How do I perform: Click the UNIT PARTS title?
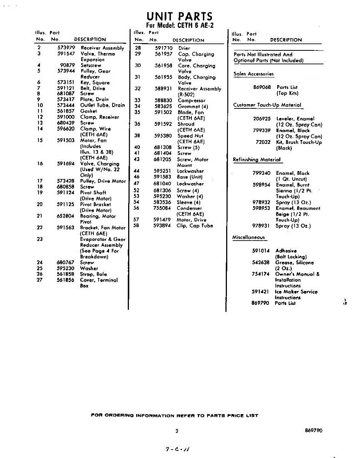pyautogui.click(x=180, y=16)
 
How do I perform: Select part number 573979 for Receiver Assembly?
pyautogui.click(x=66, y=48)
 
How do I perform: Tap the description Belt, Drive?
pyautogui.click(x=93, y=88)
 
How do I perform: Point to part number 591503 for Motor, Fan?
pyautogui.click(x=66, y=140)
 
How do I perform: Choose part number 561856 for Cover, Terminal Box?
pyautogui.click(x=66, y=280)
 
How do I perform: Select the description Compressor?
pyautogui.click(x=191, y=101)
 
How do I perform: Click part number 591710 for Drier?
pyautogui.click(x=164, y=48)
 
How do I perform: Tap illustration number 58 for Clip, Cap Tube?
pyautogui.click(x=136, y=226)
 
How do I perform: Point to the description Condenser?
pyautogui.click(x=189, y=208)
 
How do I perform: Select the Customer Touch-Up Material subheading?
pyautogui.click(x=267, y=105)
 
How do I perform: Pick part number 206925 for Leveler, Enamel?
pyautogui.click(x=262, y=119)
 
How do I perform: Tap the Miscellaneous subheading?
pyautogui.click(x=249, y=237)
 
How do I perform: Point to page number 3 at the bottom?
pyautogui.click(x=177, y=431)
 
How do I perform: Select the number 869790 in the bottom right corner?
pyautogui.click(x=313, y=431)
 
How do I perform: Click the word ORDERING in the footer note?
pyautogui.click(x=117, y=415)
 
